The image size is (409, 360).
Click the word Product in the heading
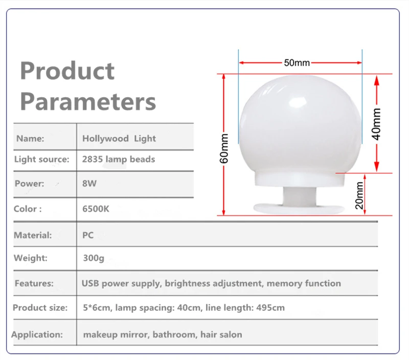tap(67, 71)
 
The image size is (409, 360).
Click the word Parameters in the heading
tap(88, 102)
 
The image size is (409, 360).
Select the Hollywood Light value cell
tap(119, 139)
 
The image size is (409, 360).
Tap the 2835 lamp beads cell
tap(119, 159)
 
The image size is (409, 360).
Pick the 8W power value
tap(89, 184)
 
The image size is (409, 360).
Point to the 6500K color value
tap(96, 209)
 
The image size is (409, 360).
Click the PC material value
tap(88, 235)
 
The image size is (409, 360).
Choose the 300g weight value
tap(94, 258)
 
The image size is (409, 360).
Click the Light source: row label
tap(42, 159)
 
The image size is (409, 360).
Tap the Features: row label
tap(34, 283)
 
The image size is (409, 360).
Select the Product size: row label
tap(40, 308)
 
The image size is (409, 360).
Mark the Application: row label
tap(37, 334)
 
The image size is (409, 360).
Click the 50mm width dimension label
tap(297, 63)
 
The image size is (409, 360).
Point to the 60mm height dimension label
tap(224, 148)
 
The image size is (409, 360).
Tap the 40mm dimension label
tap(376, 124)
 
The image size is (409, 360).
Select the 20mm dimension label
tap(359, 196)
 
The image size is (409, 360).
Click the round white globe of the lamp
tap(300, 123)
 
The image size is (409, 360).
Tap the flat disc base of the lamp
tap(299, 209)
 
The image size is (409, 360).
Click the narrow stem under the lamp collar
tap(300, 196)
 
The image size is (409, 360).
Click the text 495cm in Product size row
tap(270, 308)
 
